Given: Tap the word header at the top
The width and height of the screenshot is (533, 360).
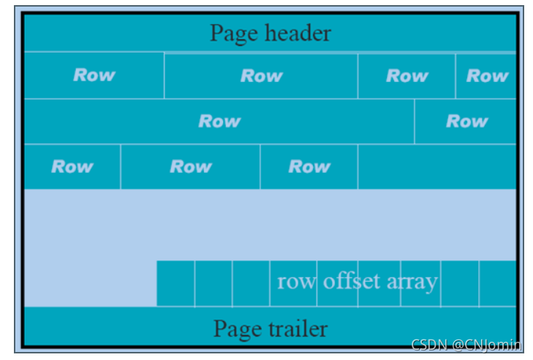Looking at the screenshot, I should tap(298, 34).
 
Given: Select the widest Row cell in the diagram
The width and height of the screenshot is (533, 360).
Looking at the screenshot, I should tap(219, 121).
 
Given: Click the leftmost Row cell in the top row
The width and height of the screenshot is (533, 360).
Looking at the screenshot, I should tap(94, 75).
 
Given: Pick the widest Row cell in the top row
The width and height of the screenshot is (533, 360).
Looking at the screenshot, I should tap(261, 75).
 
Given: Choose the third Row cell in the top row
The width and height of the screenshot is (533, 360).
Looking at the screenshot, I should tap(407, 75).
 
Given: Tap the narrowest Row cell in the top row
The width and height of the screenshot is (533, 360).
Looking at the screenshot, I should tap(486, 75).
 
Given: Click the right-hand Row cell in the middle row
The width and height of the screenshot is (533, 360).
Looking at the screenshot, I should tap(466, 121).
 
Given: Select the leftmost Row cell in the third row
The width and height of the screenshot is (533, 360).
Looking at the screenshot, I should tap(72, 167).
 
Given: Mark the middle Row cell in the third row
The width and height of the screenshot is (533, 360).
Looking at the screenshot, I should tap(190, 167).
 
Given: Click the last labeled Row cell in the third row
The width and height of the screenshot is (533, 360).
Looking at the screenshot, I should tap(309, 167).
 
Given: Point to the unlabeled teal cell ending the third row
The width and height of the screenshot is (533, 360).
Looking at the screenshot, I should tap(436, 167).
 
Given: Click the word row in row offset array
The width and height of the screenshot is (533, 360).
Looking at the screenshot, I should tap(296, 282).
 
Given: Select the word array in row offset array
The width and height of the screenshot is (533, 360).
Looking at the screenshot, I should tap(412, 282).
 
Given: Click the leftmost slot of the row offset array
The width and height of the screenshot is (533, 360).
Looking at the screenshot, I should tap(175, 283).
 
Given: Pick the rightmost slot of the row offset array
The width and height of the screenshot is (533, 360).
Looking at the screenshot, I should tap(498, 283).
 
